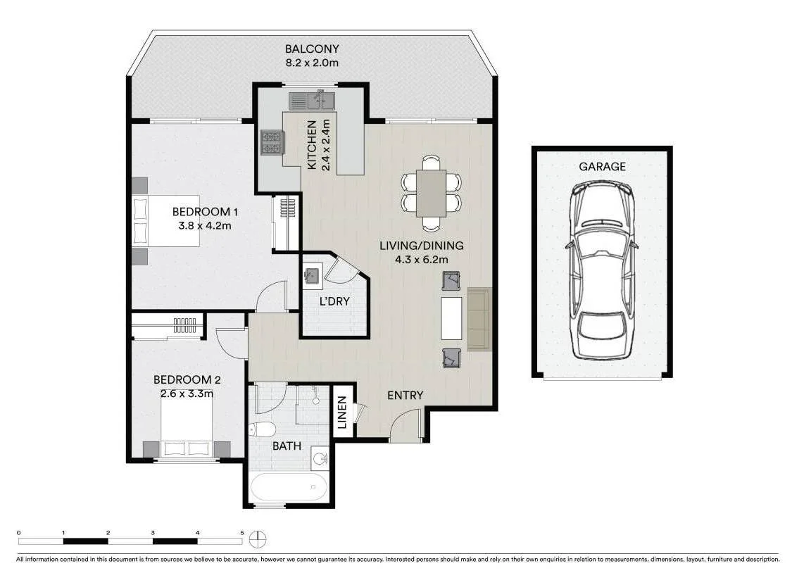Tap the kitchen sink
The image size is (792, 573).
point(311,101)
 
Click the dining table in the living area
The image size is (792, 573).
point(431,193)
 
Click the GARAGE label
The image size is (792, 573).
point(602,167)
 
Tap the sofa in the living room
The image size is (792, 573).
point(479,318)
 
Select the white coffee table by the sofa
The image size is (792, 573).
point(451,318)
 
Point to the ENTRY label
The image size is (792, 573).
point(406,396)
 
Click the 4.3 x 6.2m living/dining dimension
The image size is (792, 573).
point(422,259)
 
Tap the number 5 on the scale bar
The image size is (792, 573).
point(242,533)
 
